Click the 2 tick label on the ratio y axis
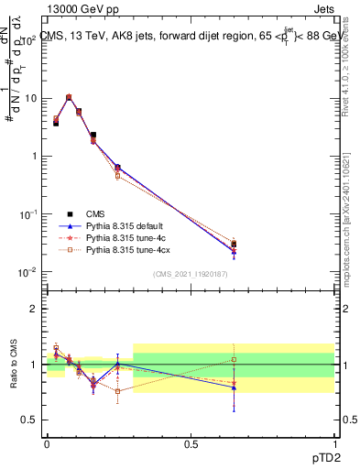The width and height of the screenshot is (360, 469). tap(37, 310)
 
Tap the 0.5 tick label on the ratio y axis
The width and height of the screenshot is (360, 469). tap(33, 420)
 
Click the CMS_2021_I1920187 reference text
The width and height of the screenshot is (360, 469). tap(191, 274)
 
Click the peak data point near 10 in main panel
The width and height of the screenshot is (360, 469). tap(70, 97)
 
